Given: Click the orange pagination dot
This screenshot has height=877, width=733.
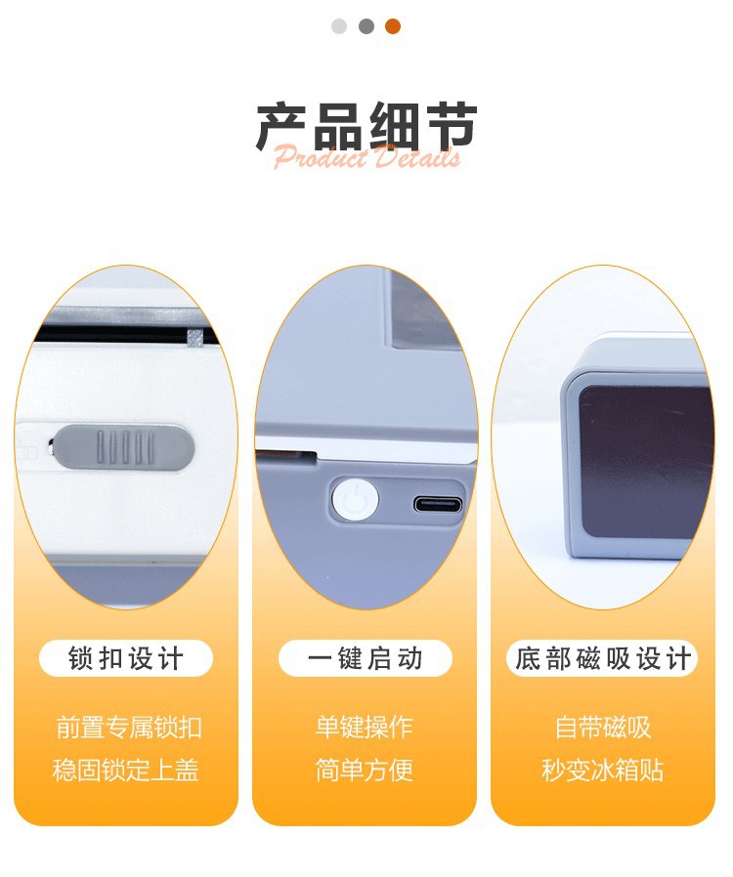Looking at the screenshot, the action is click(393, 26).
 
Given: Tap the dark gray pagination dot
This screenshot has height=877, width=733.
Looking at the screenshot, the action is click(366, 26).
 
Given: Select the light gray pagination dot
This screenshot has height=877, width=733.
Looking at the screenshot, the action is click(339, 26).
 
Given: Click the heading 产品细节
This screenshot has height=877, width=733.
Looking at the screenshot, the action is click(366, 126).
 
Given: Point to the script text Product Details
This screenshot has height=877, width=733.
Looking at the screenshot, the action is click(367, 157).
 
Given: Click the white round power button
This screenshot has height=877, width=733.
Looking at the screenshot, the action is click(355, 499).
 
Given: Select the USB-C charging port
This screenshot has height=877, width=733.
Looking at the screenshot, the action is click(439, 504).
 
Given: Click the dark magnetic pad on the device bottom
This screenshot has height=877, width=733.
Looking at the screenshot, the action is click(643, 461).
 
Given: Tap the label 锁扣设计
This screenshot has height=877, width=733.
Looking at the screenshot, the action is click(126, 658).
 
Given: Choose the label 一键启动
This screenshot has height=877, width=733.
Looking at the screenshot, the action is click(365, 658).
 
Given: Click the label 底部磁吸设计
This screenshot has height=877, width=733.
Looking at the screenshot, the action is click(603, 658).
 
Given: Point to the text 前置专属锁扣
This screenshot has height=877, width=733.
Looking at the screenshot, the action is click(129, 728).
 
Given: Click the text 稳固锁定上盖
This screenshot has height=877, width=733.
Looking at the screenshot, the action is click(126, 770).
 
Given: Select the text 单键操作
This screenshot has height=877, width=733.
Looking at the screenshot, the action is click(365, 728).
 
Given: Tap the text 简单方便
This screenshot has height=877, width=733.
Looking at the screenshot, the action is click(365, 770).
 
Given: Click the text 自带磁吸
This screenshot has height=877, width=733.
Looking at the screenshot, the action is click(603, 728).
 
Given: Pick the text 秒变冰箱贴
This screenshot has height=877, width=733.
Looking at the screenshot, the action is click(603, 770).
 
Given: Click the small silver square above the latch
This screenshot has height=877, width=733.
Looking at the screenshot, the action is click(194, 338).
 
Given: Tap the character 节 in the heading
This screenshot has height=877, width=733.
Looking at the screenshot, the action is click(452, 126).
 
